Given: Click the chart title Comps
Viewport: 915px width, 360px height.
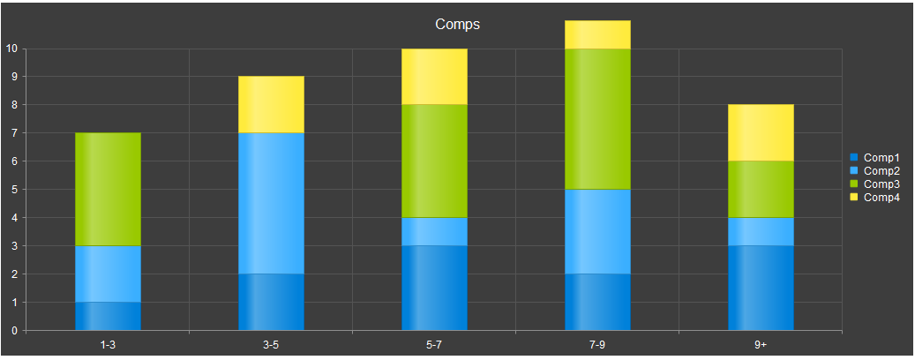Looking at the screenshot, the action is click(457, 25).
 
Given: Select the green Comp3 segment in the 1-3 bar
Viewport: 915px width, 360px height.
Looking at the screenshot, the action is click(108, 189).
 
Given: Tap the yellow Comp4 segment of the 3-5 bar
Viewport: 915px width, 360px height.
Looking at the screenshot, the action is click(272, 104).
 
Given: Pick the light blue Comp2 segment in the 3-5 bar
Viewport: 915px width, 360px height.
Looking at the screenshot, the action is click(272, 203).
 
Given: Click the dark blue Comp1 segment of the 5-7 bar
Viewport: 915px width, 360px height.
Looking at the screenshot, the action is click(435, 289).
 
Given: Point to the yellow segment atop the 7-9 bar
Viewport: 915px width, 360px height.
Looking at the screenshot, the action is click(597, 34).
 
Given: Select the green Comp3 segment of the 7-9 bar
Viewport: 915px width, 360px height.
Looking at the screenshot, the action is click(597, 119).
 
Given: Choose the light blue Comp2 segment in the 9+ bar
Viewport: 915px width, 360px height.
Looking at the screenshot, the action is click(761, 232).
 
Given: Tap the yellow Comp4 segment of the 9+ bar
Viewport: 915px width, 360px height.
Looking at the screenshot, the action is click(761, 132).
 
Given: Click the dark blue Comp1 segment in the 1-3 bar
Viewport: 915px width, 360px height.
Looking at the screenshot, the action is click(108, 316).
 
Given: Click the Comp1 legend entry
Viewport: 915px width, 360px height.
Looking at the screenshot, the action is click(874, 157).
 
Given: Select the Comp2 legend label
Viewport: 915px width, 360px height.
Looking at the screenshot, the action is click(881, 170).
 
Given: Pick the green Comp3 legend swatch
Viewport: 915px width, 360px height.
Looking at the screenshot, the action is click(854, 184).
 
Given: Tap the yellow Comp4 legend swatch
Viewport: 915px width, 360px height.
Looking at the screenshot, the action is click(854, 198).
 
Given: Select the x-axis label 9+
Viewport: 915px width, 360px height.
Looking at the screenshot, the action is click(761, 345).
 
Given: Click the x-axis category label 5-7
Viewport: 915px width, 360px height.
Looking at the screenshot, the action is click(434, 345).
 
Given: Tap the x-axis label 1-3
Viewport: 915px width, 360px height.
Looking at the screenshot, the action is click(108, 345).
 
